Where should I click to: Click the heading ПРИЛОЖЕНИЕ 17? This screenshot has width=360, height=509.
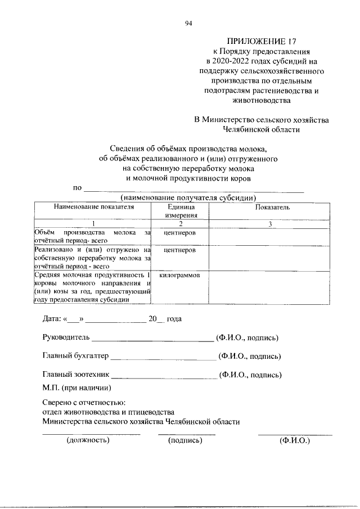pyautogui.click(x=260, y=41)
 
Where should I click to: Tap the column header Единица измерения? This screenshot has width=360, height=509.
pyautogui.click(x=180, y=211)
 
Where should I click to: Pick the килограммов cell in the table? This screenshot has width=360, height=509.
pyautogui.click(x=180, y=276)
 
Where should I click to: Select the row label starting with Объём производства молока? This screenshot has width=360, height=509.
pyautogui.click(x=93, y=236)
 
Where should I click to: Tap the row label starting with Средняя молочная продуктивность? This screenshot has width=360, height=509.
pyautogui.click(x=93, y=287)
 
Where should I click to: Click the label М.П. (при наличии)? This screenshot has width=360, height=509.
pyautogui.click(x=77, y=388)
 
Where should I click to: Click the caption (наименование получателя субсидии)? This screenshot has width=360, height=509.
pyautogui.click(x=189, y=197)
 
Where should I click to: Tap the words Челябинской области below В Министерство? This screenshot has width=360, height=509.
pyautogui.click(x=261, y=129)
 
